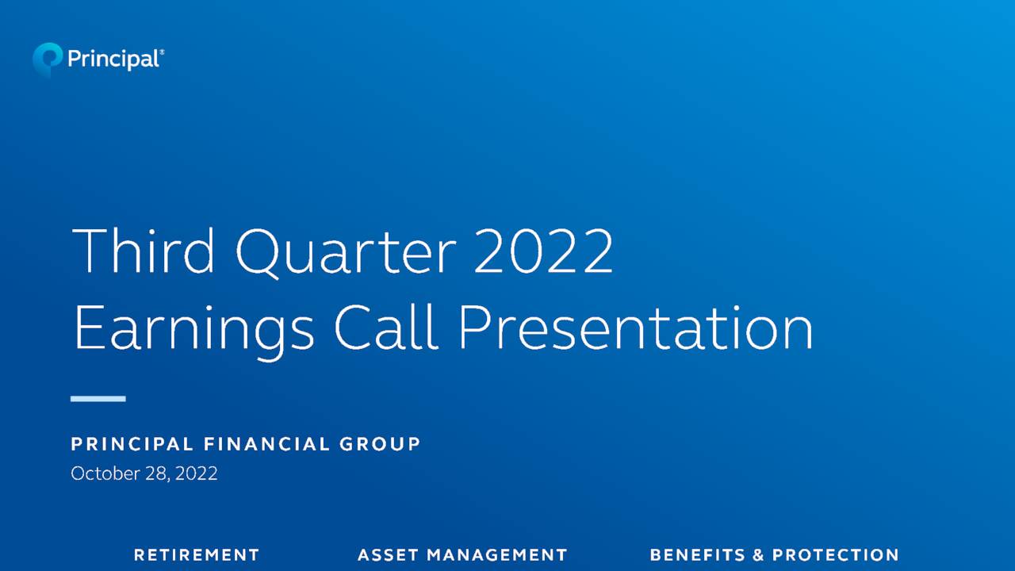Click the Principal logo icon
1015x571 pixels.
click(47, 59)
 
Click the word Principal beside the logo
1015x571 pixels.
click(113, 59)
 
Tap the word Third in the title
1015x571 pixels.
click(144, 251)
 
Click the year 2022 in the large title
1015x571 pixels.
click(543, 251)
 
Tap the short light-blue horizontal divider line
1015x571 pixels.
click(98, 398)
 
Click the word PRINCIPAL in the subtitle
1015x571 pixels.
click(131, 444)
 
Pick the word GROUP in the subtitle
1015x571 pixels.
click(381, 444)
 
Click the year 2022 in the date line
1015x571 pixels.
click(196, 473)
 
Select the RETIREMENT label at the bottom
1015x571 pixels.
click(197, 555)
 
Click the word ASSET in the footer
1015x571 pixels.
click(388, 555)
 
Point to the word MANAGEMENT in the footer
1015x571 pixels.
click(497, 555)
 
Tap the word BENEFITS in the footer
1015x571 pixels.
click(697, 555)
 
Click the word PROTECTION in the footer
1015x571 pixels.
click(836, 555)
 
